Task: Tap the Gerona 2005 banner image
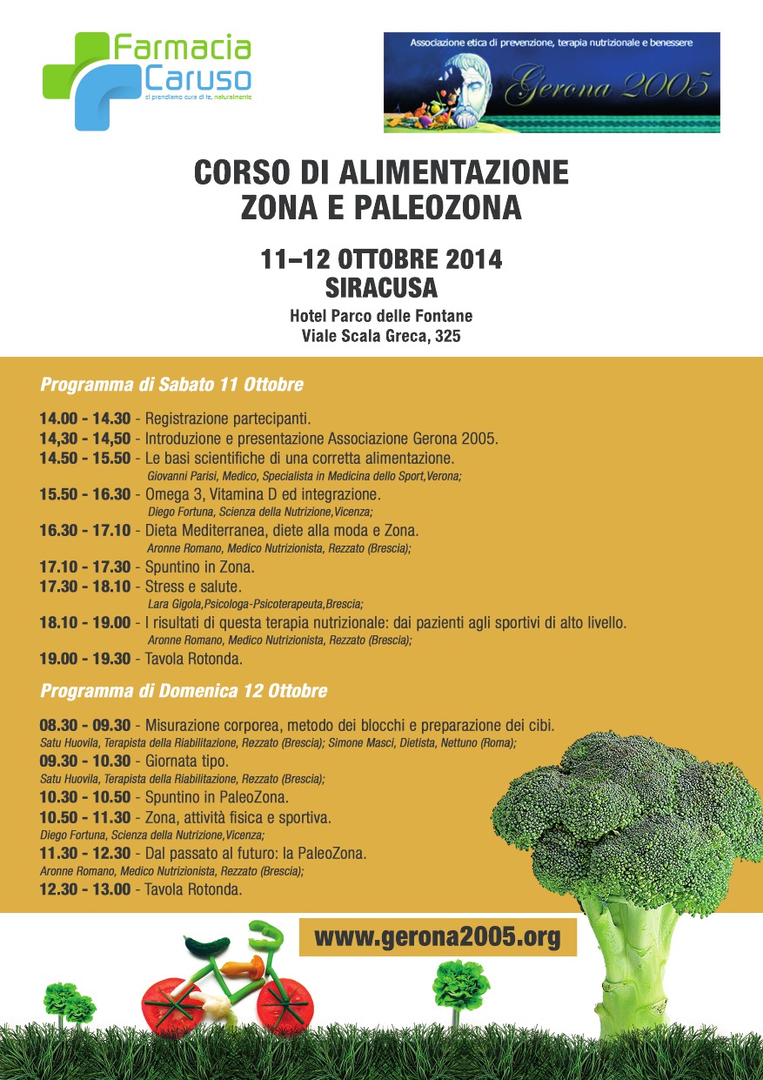click(x=552, y=83)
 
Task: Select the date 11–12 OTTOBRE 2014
click(x=382, y=260)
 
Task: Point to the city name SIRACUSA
click(x=381, y=287)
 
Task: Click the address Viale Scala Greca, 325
click(x=381, y=335)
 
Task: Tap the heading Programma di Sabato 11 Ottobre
click(x=172, y=384)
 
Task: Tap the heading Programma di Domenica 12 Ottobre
click(x=184, y=691)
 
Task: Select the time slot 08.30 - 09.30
click(x=84, y=726)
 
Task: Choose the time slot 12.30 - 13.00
click(x=84, y=889)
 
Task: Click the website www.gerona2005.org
click(x=437, y=938)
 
